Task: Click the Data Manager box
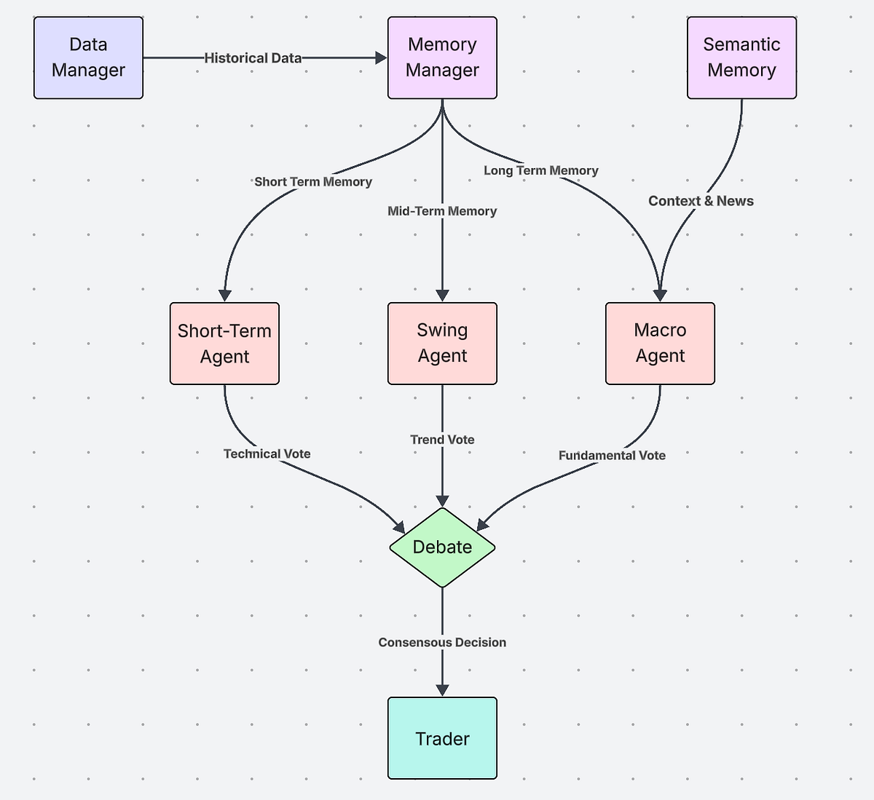tap(88, 58)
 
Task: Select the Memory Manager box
tap(442, 58)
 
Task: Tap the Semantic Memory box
tap(741, 58)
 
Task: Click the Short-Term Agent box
tap(224, 344)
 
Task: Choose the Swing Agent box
tap(442, 343)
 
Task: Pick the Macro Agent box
tap(660, 343)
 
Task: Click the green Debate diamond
tap(442, 547)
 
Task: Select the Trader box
tap(442, 738)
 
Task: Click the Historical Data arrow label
tap(253, 58)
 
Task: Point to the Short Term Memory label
tap(313, 182)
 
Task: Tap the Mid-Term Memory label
tap(442, 211)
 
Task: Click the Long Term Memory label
tap(541, 170)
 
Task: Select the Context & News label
tap(701, 201)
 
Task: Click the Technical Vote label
tap(267, 454)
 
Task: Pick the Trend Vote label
tap(442, 440)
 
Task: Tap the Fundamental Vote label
tap(612, 456)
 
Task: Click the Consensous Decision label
tap(442, 642)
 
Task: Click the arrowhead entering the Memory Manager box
tap(381, 58)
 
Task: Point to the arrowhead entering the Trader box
tap(442, 689)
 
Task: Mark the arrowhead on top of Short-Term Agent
tap(225, 295)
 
